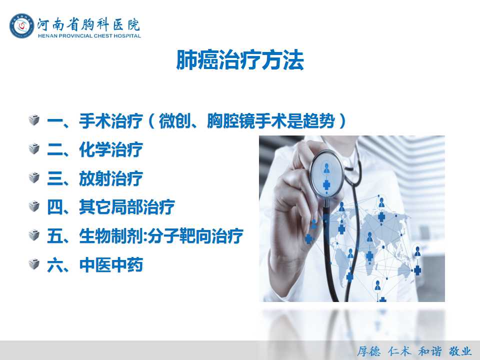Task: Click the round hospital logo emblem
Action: (21, 25)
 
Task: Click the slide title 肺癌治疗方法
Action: (240, 60)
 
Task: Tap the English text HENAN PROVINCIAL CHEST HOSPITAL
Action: (89, 36)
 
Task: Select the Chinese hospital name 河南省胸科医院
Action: (89, 24)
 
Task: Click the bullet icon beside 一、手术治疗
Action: (34, 120)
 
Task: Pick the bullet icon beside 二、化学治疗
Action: (34, 149)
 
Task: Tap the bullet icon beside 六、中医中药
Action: (34, 264)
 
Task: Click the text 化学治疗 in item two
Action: (111, 149)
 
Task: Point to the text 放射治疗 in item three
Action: (111, 178)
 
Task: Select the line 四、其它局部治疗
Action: (111, 207)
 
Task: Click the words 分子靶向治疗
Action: (195, 235)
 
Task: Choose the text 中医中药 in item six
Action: (111, 264)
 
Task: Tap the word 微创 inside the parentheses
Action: (174, 120)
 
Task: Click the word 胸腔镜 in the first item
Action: (230, 120)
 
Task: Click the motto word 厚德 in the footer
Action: (369, 351)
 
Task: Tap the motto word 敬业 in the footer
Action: (460, 351)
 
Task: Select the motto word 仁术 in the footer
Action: (399, 351)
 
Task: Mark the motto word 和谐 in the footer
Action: (430, 351)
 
